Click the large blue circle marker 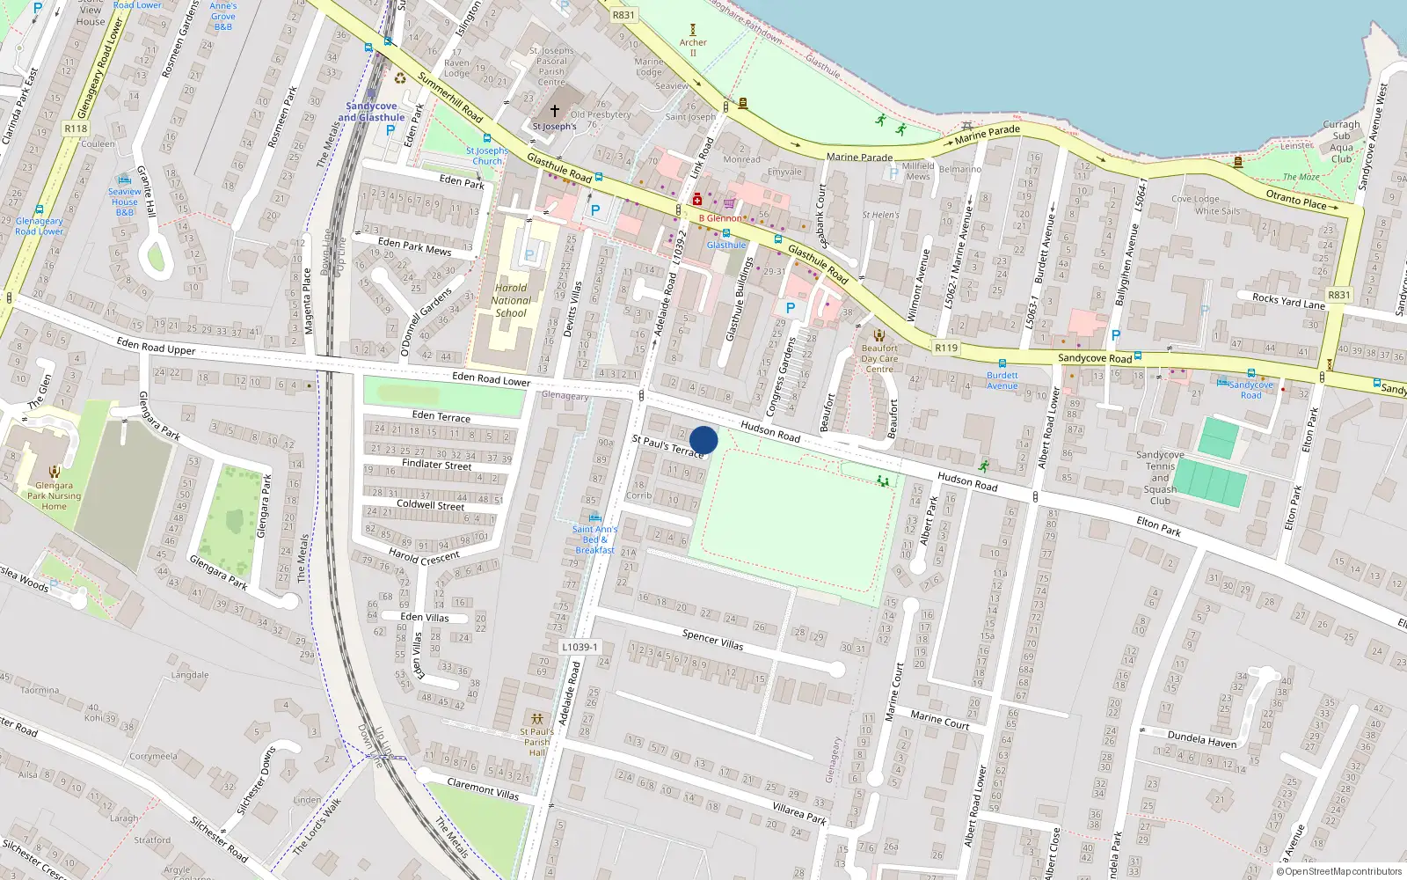[703, 440]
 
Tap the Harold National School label [511, 300]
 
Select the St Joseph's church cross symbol [554, 111]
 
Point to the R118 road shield [77, 128]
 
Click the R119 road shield [946, 348]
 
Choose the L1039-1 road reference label [580, 647]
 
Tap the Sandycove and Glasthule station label [371, 112]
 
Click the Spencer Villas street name [712, 640]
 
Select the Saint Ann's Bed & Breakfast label [595, 539]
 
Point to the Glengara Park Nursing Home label [54, 495]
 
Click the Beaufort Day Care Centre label [879, 358]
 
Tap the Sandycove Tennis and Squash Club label [1160, 478]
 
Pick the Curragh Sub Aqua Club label [1341, 142]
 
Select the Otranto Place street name [1295, 199]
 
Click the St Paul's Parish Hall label [536, 742]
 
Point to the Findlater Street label [436, 464]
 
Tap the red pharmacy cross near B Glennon [697, 200]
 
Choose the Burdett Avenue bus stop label [1002, 380]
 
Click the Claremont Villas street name [483, 788]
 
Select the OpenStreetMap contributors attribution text [1339, 872]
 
